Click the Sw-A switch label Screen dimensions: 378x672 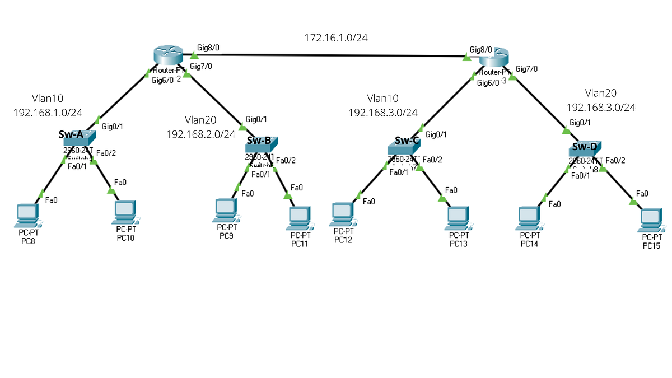(x=71, y=134)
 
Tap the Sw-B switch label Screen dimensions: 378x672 (x=259, y=140)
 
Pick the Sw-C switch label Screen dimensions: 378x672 (x=407, y=141)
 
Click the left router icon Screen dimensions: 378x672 (x=168, y=56)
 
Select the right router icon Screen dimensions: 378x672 (x=495, y=58)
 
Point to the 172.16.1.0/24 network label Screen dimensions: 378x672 (x=335, y=38)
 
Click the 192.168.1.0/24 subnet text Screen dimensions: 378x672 (x=48, y=112)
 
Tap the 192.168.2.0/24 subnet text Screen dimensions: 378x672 (x=200, y=134)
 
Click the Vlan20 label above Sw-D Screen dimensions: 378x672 (x=600, y=93)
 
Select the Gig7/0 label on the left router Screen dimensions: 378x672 (x=201, y=67)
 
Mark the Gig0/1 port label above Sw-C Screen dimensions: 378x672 (x=436, y=134)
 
